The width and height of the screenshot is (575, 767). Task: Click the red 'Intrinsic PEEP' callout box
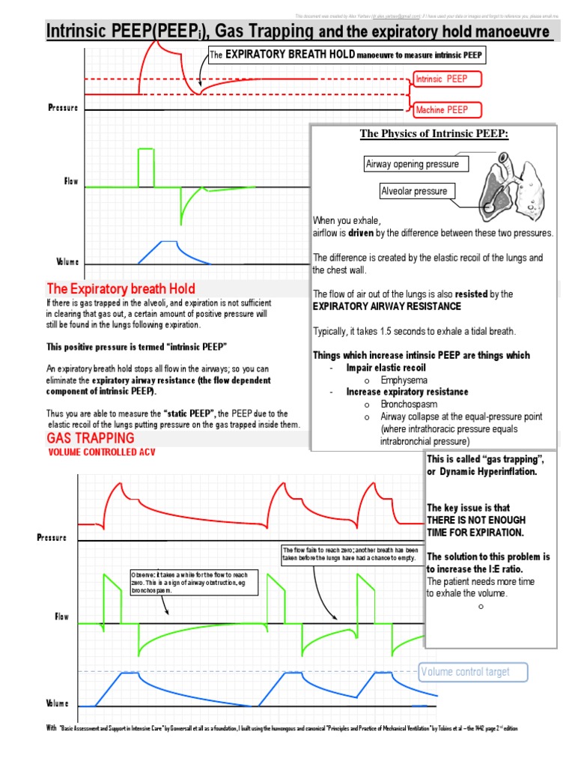coord(446,79)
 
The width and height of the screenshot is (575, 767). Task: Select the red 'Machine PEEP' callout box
coord(446,109)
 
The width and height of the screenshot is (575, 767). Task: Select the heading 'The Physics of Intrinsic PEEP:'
coord(434,134)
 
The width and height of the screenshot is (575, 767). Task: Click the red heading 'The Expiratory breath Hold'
coord(121,288)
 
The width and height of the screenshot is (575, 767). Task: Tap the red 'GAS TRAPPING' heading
coord(91,437)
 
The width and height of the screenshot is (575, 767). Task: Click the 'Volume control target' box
coord(473,672)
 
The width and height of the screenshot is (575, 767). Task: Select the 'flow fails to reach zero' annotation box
coord(348,554)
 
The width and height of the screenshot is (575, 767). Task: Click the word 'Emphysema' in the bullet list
coord(401,380)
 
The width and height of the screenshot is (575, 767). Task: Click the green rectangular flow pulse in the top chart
coord(145,168)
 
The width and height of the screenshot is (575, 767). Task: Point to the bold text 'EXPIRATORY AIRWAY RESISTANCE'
coord(386,306)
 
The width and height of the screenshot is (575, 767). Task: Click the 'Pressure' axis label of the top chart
coord(63,108)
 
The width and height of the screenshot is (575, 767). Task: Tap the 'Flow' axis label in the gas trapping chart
coord(61,617)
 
